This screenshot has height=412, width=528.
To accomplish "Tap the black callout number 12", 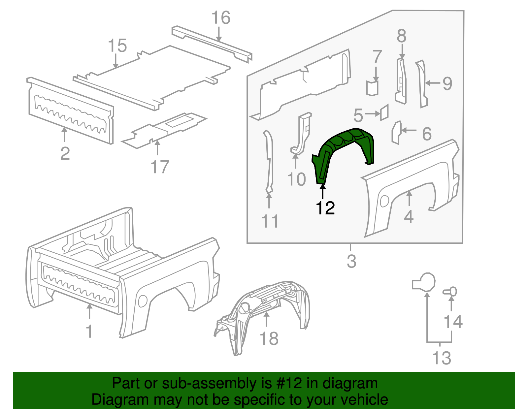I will (x=325, y=208).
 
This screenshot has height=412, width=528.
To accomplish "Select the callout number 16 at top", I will (x=220, y=18).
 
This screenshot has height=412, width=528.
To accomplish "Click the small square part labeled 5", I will (x=384, y=112).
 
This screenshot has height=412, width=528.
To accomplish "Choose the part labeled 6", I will (x=396, y=132).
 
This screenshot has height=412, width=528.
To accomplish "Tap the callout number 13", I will (x=442, y=358).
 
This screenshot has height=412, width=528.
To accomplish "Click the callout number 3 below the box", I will (x=351, y=261).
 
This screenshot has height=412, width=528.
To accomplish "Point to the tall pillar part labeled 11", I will (x=269, y=162).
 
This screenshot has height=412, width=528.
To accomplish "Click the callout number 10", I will (x=296, y=179).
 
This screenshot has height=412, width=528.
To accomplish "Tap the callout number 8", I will (x=401, y=36).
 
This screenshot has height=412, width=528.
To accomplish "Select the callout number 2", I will (x=65, y=153).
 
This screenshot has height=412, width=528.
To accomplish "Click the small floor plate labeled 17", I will (x=165, y=129).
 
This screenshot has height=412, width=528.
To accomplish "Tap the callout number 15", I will (x=117, y=46).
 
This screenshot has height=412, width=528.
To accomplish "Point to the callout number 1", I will (x=89, y=331).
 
